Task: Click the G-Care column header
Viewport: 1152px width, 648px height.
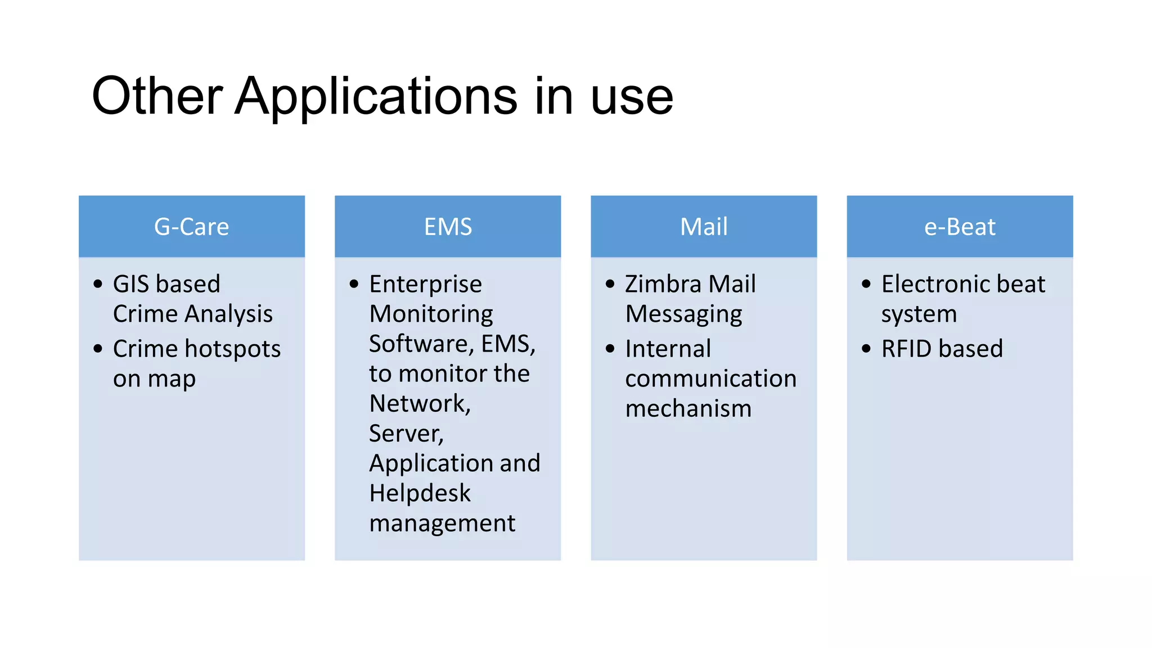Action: coord(191,227)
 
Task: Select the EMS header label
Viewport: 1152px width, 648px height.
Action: coord(448,227)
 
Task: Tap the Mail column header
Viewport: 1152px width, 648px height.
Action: coord(704,227)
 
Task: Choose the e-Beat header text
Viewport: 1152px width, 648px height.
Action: coord(960,227)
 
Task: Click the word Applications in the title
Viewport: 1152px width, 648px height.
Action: coord(376,96)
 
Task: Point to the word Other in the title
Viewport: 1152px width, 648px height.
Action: coord(157,96)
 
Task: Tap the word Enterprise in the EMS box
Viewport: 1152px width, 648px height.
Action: coord(425,284)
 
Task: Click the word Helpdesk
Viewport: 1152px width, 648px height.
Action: coord(420,493)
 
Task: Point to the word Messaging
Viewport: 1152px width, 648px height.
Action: coord(683,314)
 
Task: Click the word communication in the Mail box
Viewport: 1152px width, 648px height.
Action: coord(710,379)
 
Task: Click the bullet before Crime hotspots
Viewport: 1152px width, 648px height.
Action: coord(98,349)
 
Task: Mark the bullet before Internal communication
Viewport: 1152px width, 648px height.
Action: coord(610,349)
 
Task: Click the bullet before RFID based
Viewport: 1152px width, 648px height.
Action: coord(866,349)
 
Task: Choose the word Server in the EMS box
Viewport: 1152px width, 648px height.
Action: coord(405,434)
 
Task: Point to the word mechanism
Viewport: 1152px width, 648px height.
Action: coord(688,409)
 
